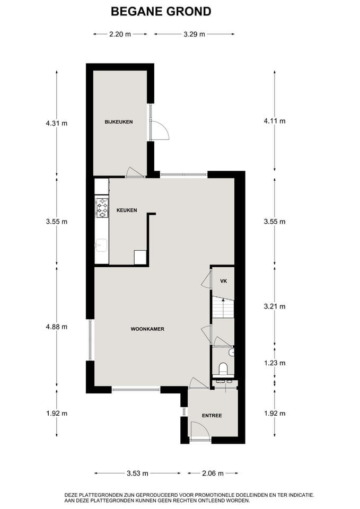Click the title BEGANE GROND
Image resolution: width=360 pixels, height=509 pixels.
161,11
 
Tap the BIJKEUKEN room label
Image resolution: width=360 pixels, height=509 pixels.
119,122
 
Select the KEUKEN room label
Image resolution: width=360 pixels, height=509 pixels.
126,210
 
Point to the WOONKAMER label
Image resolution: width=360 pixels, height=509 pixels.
147,329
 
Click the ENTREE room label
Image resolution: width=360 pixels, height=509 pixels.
212,415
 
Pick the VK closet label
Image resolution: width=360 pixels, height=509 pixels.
223,281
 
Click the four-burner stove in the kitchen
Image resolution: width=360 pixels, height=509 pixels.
102,207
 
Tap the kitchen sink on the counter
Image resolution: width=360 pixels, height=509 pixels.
101,244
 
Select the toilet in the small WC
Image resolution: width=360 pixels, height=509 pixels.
223,368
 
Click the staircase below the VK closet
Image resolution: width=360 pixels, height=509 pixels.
223,308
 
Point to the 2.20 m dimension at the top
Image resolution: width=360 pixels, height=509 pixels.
120,34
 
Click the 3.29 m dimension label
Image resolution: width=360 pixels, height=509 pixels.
194,34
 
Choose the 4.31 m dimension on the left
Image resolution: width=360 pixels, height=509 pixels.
57,123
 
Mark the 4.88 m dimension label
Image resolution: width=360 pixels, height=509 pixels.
57,327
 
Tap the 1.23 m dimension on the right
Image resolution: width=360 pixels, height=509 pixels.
275,363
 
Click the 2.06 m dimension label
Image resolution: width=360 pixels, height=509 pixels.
213,473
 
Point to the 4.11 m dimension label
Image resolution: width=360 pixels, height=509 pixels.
275,121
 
